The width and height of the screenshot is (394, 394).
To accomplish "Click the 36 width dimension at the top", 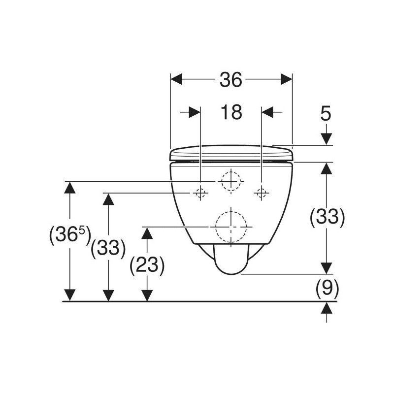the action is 231,80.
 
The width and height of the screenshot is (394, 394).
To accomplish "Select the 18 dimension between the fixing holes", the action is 231,112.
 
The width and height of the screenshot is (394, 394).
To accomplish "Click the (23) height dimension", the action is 147,265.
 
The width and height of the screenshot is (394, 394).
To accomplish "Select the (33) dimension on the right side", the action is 327,217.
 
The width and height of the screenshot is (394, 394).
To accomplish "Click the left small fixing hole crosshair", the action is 200,193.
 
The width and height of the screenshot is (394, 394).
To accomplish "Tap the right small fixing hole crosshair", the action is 262,193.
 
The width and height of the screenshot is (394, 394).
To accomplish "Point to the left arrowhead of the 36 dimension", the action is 176,79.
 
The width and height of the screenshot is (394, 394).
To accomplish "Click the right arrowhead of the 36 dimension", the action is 287,79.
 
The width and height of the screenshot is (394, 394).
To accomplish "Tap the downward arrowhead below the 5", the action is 327,139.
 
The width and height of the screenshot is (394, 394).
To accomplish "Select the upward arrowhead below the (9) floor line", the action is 327,308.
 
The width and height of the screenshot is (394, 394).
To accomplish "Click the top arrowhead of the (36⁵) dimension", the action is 70,187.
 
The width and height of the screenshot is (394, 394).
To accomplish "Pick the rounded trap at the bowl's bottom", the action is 231,259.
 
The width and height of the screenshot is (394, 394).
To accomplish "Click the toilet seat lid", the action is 231,153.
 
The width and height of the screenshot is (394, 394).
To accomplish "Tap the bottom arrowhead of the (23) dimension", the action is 147,295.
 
